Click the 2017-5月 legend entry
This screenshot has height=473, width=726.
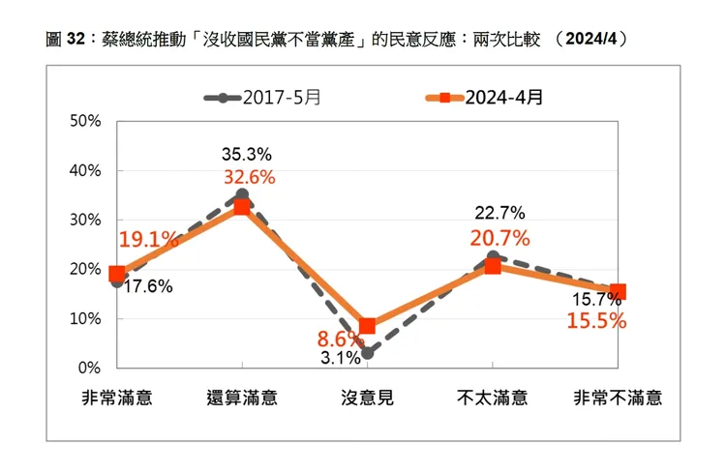[x=257, y=98]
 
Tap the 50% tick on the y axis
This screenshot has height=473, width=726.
[x=86, y=121]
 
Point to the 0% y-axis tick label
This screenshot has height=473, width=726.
[x=90, y=369]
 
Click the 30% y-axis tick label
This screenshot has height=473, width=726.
[x=86, y=220]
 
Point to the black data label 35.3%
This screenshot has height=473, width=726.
[x=246, y=154]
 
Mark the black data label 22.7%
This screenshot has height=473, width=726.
[x=499, y=213]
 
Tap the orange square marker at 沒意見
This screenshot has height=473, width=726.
[x=367, y=326]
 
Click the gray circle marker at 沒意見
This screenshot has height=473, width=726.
[x=367, y=353]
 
